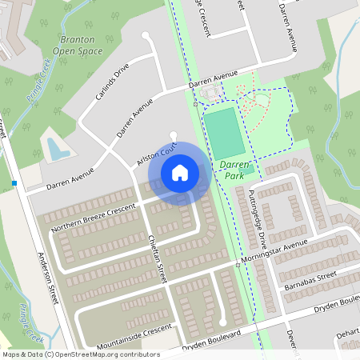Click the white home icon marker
[x=180, y=173]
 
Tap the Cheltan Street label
[x=157, y=256]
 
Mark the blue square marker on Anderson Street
[x=14, y=184]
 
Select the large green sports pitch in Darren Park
[x=223, y=134]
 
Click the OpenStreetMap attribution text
[x=80, y=354]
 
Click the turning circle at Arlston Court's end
[x=174, y=134]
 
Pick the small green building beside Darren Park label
[x=248, y=168]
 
